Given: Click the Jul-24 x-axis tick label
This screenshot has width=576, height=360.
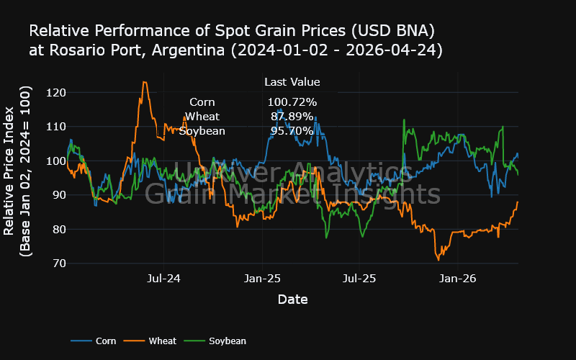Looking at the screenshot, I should coord(164,278).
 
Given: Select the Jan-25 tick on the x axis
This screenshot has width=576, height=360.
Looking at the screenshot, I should coord(263,278).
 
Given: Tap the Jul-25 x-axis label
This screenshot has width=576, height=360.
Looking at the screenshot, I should coord(359,278).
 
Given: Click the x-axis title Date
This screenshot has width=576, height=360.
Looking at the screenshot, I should coord(293,299).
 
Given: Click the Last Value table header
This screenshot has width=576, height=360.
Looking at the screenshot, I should coord(292,82).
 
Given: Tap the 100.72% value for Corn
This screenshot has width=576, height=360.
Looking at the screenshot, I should coord(292,102).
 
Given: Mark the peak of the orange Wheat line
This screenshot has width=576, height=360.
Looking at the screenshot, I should coord(145,82).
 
